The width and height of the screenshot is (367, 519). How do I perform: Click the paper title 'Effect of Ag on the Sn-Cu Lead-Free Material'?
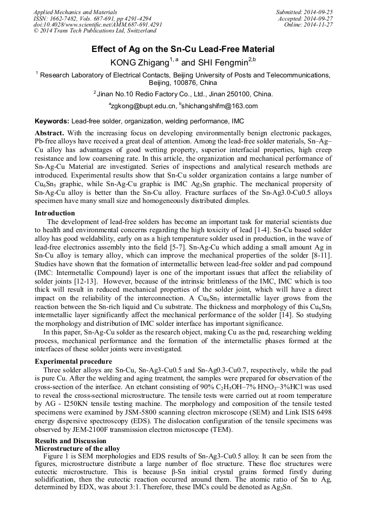(x=183, y=49)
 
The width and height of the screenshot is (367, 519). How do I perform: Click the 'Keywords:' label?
(x=52, y=121)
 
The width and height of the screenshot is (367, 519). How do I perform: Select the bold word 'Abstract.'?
(x=50, y=133)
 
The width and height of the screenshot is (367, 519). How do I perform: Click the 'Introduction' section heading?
(x=55, y=213)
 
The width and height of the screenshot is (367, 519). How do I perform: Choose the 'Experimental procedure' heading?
(x=74, y=361)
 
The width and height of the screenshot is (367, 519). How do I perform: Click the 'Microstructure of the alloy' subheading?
(x=77, y=449)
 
